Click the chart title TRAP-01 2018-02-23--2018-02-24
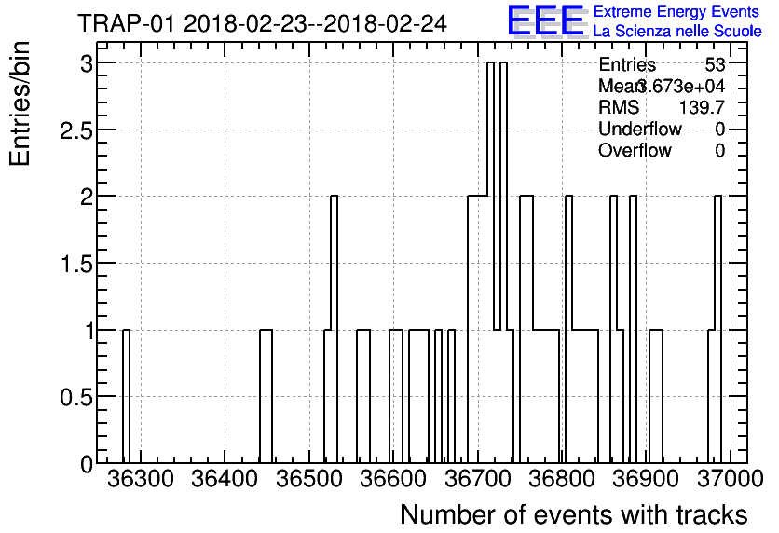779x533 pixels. [x=262, y=22]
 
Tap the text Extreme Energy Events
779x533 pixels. [x=677, y=11]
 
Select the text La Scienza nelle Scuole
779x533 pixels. [x=677, y=32]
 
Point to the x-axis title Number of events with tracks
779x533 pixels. [x=573, y=514]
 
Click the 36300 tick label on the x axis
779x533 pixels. [x=141, y=479]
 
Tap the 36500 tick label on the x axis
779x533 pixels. [x=314, y=479]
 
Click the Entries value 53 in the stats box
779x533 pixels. [x=716, y=65]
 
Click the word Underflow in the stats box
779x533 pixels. [x=640, y=130]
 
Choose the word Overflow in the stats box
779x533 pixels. [x=635, y=151]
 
